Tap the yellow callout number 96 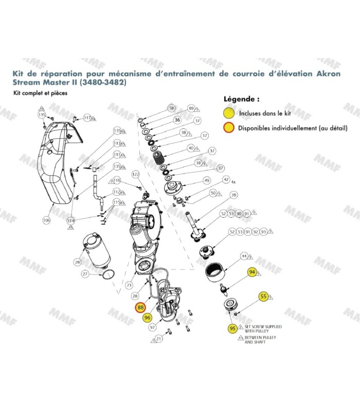147,317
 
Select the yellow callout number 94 252,272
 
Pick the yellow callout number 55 263,296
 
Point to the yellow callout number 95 232,328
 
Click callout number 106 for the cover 46,220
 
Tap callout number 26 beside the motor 78,262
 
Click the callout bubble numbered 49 207,180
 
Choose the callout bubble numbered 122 136,175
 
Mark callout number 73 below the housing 129,285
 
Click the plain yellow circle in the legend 229,112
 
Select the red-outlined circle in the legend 229,127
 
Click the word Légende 241,98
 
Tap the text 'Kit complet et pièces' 40,93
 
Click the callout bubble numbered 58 171,108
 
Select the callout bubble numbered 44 245,255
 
